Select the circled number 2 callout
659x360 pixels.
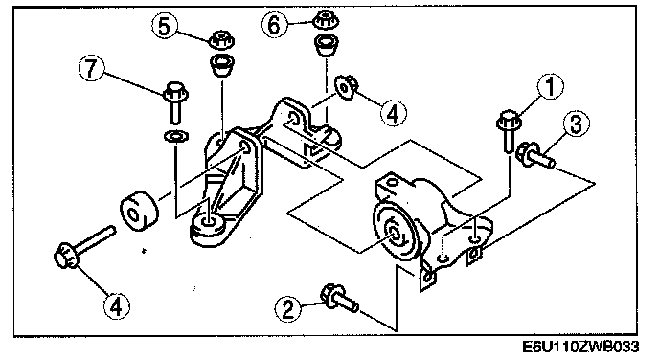[288, 309]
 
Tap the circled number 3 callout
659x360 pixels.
[576, 124]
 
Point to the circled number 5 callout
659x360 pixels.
[165, 26]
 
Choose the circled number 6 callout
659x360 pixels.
[274, 24]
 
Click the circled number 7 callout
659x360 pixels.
[92, 68]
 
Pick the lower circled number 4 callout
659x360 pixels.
[117, 305]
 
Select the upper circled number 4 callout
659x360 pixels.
[394, 113]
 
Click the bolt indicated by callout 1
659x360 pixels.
[509, 130]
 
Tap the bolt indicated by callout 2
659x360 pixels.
[340, 298]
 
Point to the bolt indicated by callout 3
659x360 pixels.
[534, 156]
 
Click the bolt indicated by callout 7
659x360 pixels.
[175, 101]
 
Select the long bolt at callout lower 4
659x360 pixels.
[84, 248]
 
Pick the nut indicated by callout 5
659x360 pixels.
[221, 40]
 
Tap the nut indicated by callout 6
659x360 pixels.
[327, 20]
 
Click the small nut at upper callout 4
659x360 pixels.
[346, 87]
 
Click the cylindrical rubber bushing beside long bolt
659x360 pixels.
[139, 211]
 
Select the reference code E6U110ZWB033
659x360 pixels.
[580, 347]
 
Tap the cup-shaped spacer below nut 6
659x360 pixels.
[327, 45]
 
